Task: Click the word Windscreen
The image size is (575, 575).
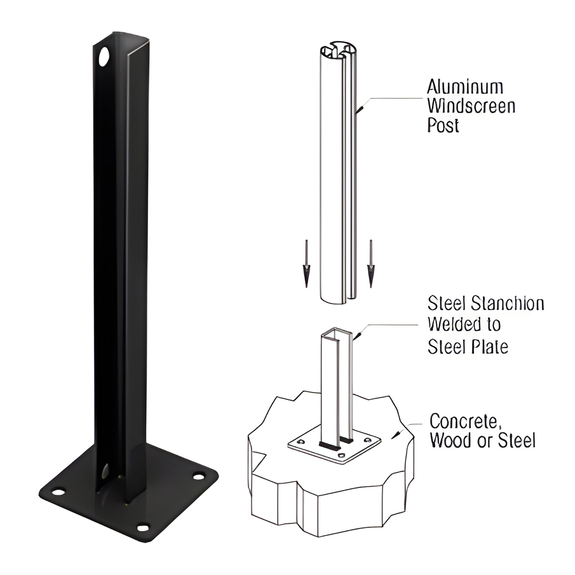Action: pyautogui.click(x=471, y=106)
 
